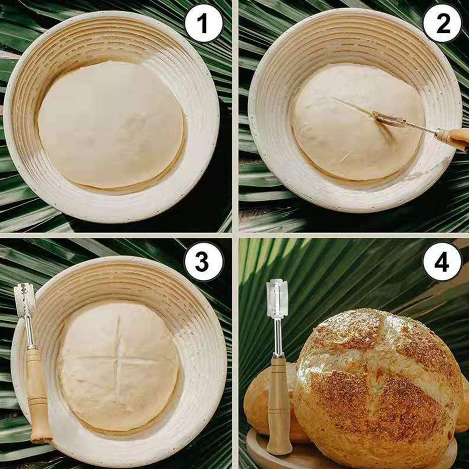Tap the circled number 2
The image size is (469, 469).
click(x=442, y=23)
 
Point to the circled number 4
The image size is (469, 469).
click(x=442, y=261)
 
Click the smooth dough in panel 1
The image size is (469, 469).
click(x=111, y=124)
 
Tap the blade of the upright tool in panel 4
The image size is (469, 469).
click(x=277, y=297)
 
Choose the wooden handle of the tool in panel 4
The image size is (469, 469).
click(x=279, y=405)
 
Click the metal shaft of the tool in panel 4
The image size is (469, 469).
click(x=278, y=336)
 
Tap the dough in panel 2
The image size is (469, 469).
click(x=357, y=122)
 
